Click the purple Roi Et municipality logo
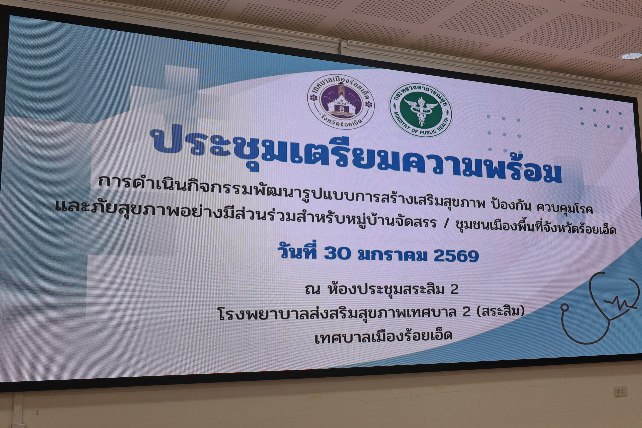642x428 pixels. [x=341, y=102]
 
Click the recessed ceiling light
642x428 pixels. [x=631, y=56]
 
